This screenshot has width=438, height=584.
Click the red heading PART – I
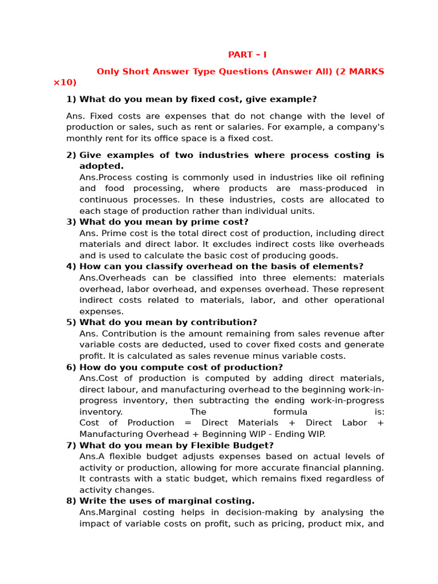tap(247, 55)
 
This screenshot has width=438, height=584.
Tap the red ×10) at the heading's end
tap(65, 83)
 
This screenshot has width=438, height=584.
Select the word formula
tap(290, 412)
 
